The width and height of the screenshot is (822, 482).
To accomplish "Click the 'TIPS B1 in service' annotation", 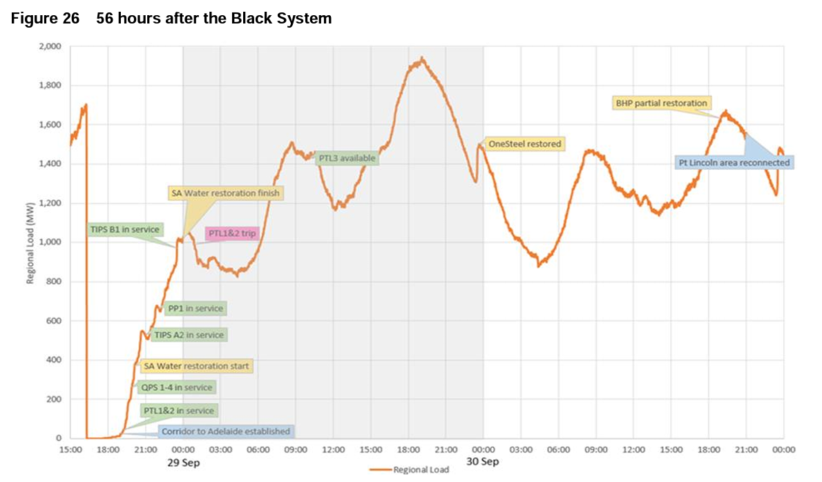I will pos(125,229).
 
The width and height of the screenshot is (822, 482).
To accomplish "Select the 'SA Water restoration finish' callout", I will pos(225,193).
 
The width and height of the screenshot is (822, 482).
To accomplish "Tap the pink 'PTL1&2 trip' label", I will pos(232,234).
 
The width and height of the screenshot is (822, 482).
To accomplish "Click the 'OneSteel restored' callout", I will pos(524,144).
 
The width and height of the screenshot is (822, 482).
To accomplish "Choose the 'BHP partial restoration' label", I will pos(662,103).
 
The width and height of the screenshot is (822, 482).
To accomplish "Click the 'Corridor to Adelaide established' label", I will pos(225,432).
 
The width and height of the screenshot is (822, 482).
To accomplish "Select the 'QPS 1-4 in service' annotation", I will pos(176,387).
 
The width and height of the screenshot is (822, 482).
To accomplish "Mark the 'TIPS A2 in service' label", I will pos(189,335).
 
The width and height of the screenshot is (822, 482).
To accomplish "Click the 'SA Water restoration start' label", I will pos(197,365).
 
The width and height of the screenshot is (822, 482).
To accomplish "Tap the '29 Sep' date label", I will pos(183,462).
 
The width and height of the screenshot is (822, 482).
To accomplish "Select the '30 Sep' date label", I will pos(482,462).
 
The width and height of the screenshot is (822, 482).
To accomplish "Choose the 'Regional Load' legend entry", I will pos(421,470).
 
